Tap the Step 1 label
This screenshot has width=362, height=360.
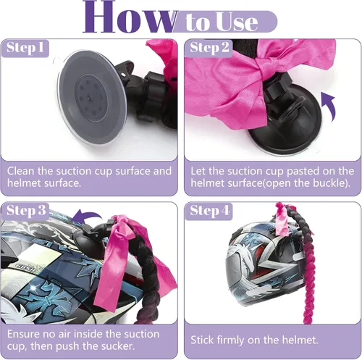tap(25, 48)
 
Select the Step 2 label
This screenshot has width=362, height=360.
tap(209, 48)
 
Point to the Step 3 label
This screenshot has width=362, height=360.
tap(26, 211)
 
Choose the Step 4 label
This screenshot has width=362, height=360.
tap(209, 211)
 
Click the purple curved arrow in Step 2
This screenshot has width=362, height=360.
tap(329, 106)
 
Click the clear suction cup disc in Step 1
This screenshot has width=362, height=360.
tap(92, 97)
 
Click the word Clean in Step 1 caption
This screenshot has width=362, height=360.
tap(21, 171)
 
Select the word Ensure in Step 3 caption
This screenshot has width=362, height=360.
tap(23, 334)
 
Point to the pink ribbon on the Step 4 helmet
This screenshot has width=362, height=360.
tap(285, 219)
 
